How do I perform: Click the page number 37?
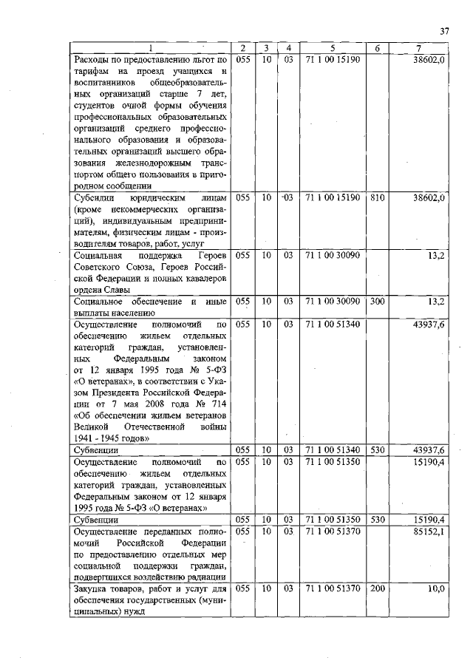tap(444, 31)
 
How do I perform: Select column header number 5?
tap(332, 49)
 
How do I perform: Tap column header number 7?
tap(419, 49)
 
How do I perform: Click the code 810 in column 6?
tap(378, 198)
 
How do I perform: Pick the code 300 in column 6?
tap(378, 302)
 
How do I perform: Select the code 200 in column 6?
tap(378, 589)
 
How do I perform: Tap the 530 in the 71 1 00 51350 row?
tap(378, 520)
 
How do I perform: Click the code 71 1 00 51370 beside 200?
tap(332, 589)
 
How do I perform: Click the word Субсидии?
tap(95, 198)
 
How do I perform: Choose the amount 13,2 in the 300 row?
tap(435, 302)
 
